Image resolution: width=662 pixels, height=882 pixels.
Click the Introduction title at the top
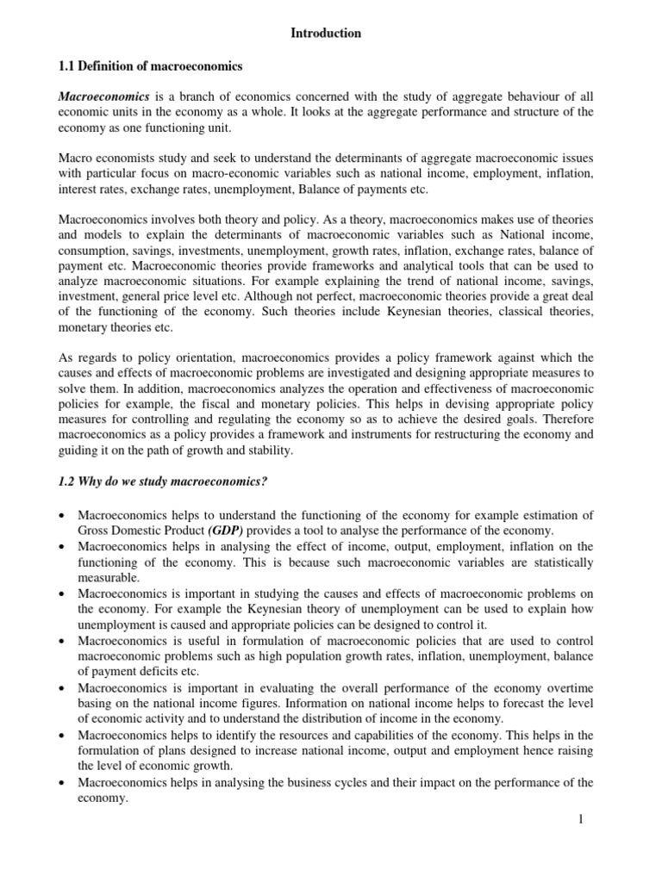[x=326, y=34]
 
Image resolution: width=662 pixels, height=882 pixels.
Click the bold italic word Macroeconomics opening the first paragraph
[x=103, y=97]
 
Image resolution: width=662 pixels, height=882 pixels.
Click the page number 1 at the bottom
[x=582, y=819]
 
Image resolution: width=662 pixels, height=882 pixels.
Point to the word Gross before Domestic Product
[x=96, y=531]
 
